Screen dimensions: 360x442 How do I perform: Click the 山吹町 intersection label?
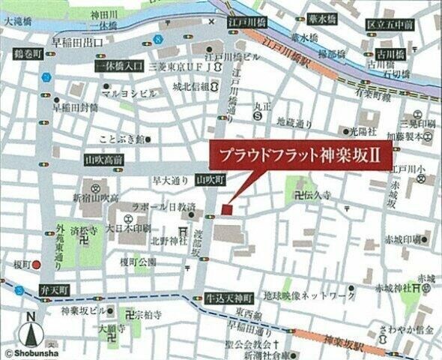pos(210,180)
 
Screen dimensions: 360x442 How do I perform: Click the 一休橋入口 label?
pos(119,67)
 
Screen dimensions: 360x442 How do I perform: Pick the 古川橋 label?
pos(390,55)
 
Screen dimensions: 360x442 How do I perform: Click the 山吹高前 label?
pos(104,160)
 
